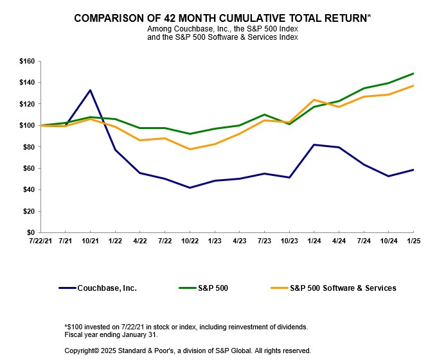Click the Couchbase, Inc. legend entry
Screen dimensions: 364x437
(106, 288)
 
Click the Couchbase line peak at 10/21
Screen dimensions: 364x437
(90, 90)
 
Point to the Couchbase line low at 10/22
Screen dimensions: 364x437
(190, 187)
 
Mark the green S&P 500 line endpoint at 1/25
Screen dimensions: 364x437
(413, 73)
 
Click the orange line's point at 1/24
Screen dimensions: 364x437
(314, 100)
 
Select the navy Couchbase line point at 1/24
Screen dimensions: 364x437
(314, 144)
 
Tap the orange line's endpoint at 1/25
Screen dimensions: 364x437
(413, 85)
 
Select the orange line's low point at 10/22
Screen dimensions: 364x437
(190, 149)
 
